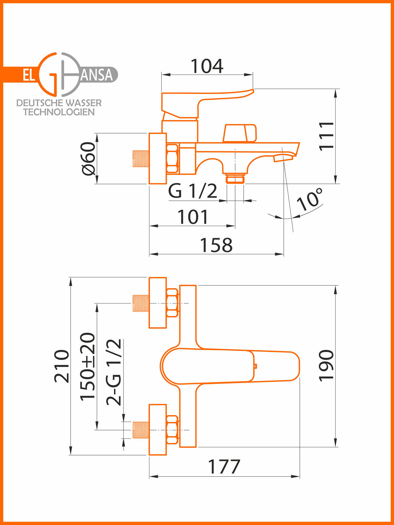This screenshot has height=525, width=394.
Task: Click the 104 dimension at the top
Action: (207, 66)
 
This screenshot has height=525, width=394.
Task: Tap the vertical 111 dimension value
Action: (326, 136)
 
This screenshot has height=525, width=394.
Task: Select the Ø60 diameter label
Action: (88, 158)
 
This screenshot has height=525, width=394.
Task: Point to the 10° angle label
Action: (309, 199)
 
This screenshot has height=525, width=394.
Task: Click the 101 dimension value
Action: (193, 217)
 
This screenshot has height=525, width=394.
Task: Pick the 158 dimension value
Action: (216, 245)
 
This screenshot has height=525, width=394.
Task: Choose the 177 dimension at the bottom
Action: (224, 467)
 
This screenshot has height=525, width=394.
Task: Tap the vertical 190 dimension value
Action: (326, 366)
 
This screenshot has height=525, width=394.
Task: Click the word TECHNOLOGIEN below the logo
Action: (59, 112)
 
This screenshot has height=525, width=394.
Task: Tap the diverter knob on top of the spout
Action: (240, 133)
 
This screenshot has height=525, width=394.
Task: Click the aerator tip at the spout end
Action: (283, 158)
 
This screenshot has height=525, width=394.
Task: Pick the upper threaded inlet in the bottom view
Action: (141, 303)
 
